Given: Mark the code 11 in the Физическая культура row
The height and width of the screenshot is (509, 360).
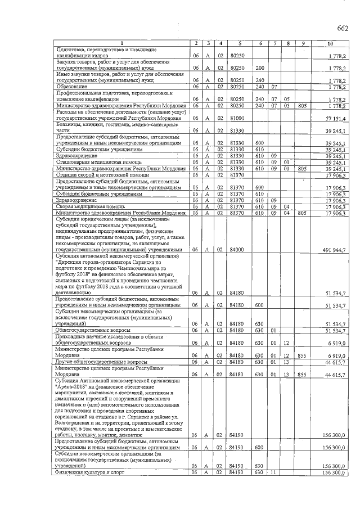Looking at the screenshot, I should pos(274,473).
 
